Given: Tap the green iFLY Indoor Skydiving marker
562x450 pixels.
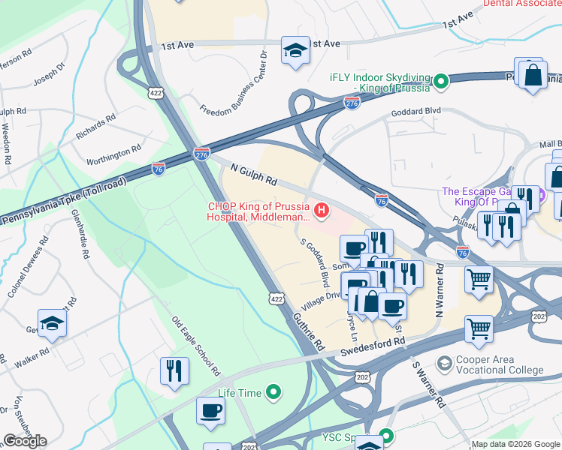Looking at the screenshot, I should pyautogui.click(x=442, y=80).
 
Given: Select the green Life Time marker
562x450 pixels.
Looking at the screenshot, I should pyautogui.click(x=273, y=392).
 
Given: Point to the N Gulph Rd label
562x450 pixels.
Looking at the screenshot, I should pyautogui.click(x=254, y=177).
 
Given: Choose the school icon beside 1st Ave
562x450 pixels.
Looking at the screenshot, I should pyautogui.click(x=295, y=50).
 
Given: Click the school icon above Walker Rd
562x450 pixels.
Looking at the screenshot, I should pyautogui.click(x=52, y=322).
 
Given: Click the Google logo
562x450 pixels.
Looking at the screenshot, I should pyautogui.click(x=25, y=441).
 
